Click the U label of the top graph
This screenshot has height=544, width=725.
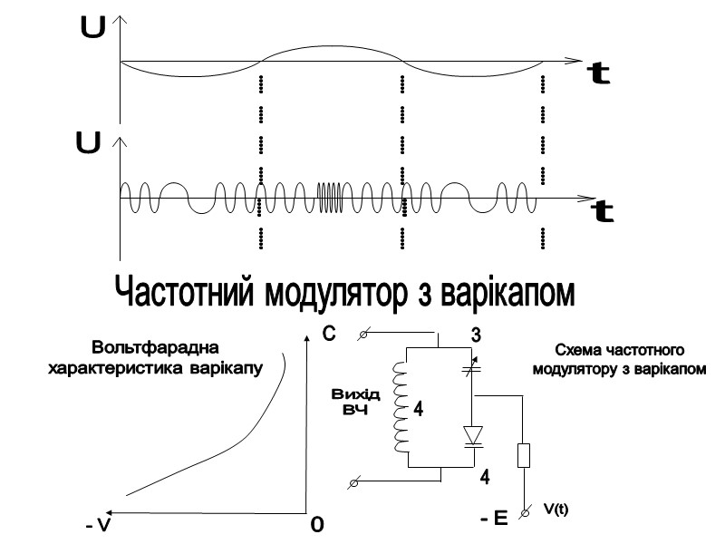click(92, 29)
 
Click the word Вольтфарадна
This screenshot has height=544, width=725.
click(156, 348)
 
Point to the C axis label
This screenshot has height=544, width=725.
click(329, 335)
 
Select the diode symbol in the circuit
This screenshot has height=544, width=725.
click(472, 435)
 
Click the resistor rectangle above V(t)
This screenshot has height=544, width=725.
click(523, 454)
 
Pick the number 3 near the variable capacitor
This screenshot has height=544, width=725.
click(475, 336)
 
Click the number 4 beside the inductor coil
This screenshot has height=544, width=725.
click(418, 410)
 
